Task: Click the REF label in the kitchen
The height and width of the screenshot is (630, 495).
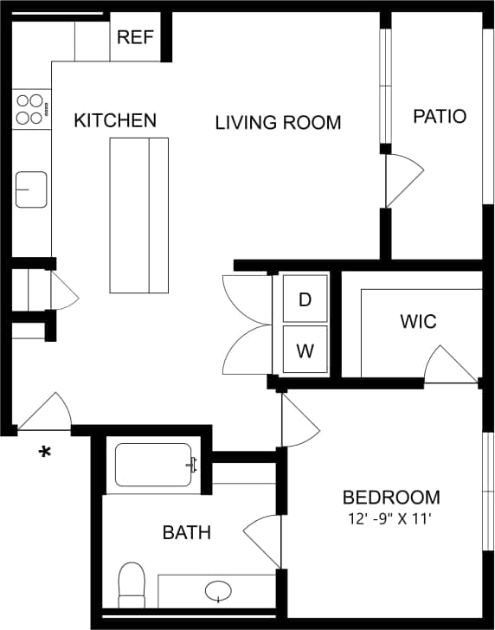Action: point(135,37)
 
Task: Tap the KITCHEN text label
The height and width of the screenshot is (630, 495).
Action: point(115,120)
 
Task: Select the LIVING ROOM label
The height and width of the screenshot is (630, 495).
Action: point(278,123)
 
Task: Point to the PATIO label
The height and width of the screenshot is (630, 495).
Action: point(439,117)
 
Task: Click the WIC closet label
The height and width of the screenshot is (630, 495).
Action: point(418,322)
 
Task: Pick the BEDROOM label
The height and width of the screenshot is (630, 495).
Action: point(391,498)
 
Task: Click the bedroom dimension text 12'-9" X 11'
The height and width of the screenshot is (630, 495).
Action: point(387,519)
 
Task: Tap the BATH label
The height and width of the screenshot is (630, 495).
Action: point(187,532)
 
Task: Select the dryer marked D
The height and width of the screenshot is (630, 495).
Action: point(305,299)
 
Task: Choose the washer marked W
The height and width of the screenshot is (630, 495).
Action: point(305,350)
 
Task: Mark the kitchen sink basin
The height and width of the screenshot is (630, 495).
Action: point(31,190)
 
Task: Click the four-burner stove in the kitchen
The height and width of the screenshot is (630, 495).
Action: point(30,109)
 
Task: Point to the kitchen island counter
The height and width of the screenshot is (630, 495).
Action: point(138,215)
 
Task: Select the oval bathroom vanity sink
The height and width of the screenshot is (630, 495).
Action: point(218,591)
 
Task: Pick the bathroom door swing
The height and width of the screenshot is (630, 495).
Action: point(261,541)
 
